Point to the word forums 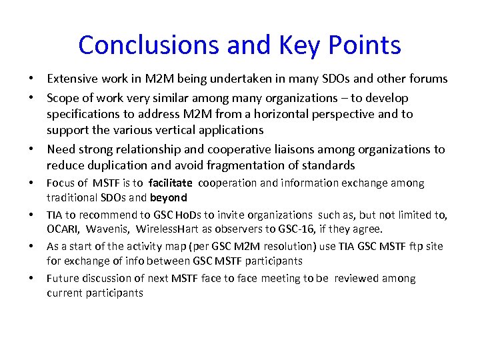(x=427, y=79)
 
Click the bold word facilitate (x=171, y=183)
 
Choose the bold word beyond (x=169, y=197)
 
